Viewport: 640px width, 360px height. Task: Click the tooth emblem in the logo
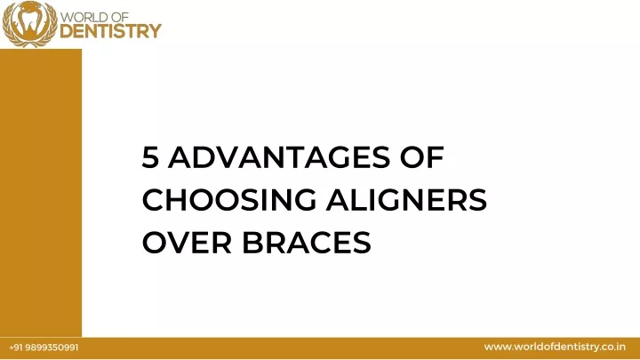click(x=30, y=24)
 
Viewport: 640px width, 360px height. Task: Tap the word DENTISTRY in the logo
click(x=110, y=31)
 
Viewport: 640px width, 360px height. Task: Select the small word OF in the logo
click(x=120, y=18)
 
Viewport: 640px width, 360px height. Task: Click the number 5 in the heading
click(x=150, y=157)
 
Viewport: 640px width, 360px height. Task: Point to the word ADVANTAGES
click(x=279, y=157)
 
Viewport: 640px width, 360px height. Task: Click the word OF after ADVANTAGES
click(x=422, y=157)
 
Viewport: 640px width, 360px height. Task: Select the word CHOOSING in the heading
click(x=229, y=200)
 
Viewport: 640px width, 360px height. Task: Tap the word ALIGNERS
click(x=406, y=200)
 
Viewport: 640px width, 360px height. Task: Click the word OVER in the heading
click(x=187, y=243)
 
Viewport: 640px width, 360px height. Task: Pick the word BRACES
click(x=307, y=243)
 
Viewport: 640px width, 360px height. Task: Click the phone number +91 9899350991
click(x=44, y=348)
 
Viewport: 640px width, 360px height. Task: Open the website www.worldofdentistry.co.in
click(x=555, y=347)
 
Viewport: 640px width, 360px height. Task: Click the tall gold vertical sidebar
click(x=41, y=193)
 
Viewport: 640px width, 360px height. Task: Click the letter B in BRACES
click(x=252, y=243)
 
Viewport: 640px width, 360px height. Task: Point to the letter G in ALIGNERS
click(x=391, y=200)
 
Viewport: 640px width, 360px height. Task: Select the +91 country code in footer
click(x=16, y=348)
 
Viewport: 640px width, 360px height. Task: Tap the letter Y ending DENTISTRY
click(x=155, y=31)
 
